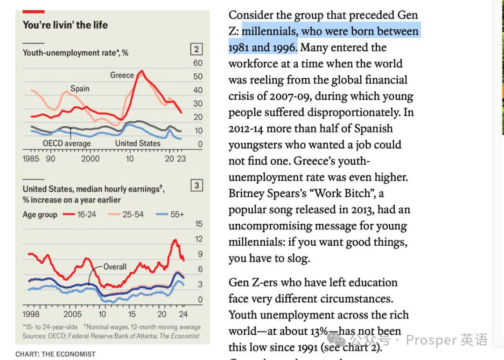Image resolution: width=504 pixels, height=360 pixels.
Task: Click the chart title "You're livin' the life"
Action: point(65,25)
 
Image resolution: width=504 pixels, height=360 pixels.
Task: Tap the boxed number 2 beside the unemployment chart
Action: point(196,49)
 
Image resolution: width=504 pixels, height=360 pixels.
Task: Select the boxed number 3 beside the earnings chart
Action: point(196,186)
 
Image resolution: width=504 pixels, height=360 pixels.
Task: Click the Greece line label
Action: point(122,75)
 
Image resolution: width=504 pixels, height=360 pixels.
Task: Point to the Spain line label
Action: point(80,89)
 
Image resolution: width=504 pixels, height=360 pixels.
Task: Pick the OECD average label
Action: point(67,144)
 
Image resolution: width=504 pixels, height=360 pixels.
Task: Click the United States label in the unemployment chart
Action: point(138,144)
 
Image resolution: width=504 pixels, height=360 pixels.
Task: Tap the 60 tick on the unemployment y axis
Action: point(198,63)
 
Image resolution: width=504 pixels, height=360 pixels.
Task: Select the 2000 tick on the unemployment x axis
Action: point(90,159)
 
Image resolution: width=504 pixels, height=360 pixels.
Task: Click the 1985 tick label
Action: point(31,159)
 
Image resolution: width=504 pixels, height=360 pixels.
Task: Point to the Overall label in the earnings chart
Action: point(115,267)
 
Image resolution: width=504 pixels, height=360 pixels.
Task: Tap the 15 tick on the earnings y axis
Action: point(199,224)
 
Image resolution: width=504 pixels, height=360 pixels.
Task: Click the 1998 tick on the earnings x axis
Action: point(31,314)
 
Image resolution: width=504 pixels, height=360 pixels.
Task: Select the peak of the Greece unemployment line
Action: point(142,71)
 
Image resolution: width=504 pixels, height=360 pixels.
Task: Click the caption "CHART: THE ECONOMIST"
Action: point(55,354)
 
